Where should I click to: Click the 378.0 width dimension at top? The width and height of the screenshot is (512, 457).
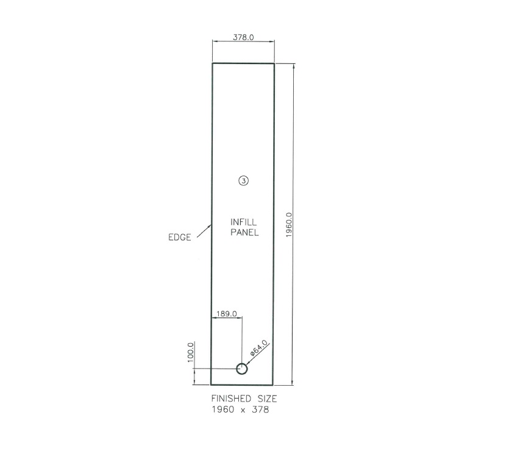(x=243, y=37)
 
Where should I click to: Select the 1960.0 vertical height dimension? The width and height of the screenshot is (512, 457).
(x=290, y=225)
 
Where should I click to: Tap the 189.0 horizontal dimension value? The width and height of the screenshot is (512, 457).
(x=226, y=314)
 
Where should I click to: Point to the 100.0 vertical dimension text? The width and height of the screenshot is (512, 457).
(x=190, y=352)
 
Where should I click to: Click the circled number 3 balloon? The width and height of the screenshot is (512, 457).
(x=243, y=180)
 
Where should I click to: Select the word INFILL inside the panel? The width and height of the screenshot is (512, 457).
(x=244, y=222)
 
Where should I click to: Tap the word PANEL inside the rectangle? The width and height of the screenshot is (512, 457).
(x=244, y=232)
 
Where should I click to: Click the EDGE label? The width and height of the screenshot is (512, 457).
(x=180, y=238)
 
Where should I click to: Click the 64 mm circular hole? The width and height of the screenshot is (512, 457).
(x=242, y=369)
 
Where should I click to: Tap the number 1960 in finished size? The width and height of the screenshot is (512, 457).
(x=222, y=410)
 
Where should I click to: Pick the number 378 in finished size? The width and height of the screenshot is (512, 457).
(x=260, y=410)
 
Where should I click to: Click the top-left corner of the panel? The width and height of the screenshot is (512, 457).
(x=212, y=63)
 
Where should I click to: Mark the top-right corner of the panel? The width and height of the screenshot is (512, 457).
(x=274, y=63)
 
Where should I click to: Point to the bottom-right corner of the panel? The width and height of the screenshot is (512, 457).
(x=274, y=385)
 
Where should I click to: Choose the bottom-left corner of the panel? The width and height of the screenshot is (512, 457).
(x=212, y=385)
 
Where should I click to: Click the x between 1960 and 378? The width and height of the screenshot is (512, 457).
(x=243, y=411)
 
